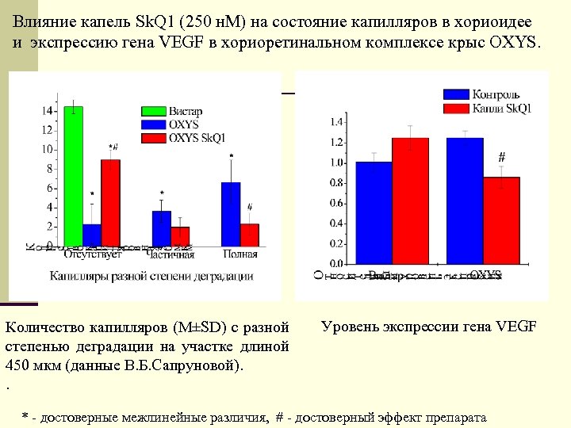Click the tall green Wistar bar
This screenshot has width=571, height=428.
74,175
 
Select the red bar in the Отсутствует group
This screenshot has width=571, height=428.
110,202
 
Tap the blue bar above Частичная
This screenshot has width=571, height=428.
161,228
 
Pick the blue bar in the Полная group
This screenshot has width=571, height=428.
230,214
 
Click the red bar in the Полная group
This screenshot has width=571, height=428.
249,235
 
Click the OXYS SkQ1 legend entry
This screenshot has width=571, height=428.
197,137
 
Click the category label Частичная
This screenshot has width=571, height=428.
171,254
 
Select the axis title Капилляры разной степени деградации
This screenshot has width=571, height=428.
151,276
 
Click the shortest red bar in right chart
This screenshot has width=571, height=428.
501,220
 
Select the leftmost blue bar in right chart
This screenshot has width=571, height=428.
374,212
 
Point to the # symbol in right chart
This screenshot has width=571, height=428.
501,155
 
